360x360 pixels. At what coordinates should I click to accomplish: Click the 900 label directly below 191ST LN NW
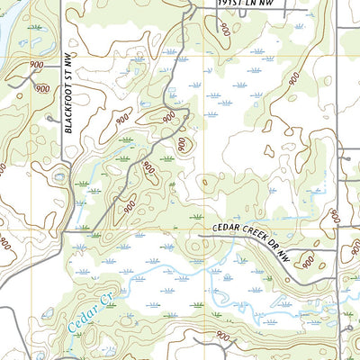(224, 29)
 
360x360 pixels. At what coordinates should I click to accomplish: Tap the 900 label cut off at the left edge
(5, 243)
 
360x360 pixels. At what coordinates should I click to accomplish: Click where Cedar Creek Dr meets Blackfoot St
(65, 232)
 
